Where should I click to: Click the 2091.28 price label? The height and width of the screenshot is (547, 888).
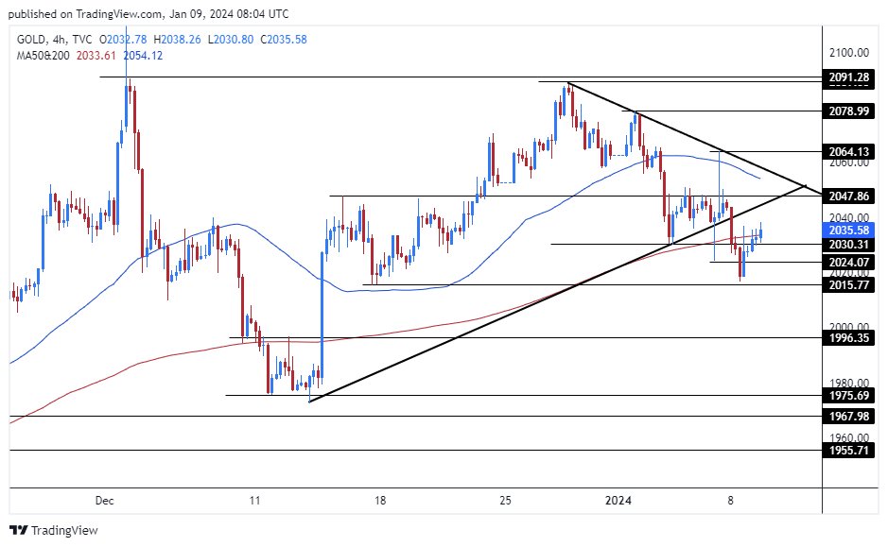click(848, 77)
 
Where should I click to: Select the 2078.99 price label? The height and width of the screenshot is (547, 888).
click(848, 111)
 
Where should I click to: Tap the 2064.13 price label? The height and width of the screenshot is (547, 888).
click(848, 151)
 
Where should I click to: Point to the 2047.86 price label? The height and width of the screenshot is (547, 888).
click(848, 196)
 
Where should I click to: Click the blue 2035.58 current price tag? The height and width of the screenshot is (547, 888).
click(848, 230)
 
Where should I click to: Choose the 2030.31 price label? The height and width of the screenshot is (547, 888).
click(848, 244)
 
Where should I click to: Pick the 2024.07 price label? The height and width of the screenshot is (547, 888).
click(848, 261)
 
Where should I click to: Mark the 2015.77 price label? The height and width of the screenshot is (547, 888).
click(848, 284)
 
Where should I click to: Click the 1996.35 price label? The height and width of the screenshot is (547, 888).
click(848, 337)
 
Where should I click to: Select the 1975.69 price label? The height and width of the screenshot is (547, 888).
click(848, 395)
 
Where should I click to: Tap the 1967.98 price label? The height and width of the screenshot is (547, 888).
click(848, 416)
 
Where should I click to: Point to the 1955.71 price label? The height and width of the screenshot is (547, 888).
click(848, 450)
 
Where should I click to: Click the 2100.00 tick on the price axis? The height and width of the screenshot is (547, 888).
click(848, 52)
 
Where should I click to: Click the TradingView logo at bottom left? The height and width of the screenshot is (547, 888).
click(54, 530)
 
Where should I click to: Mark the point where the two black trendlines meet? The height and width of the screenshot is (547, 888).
click(805, 186)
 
